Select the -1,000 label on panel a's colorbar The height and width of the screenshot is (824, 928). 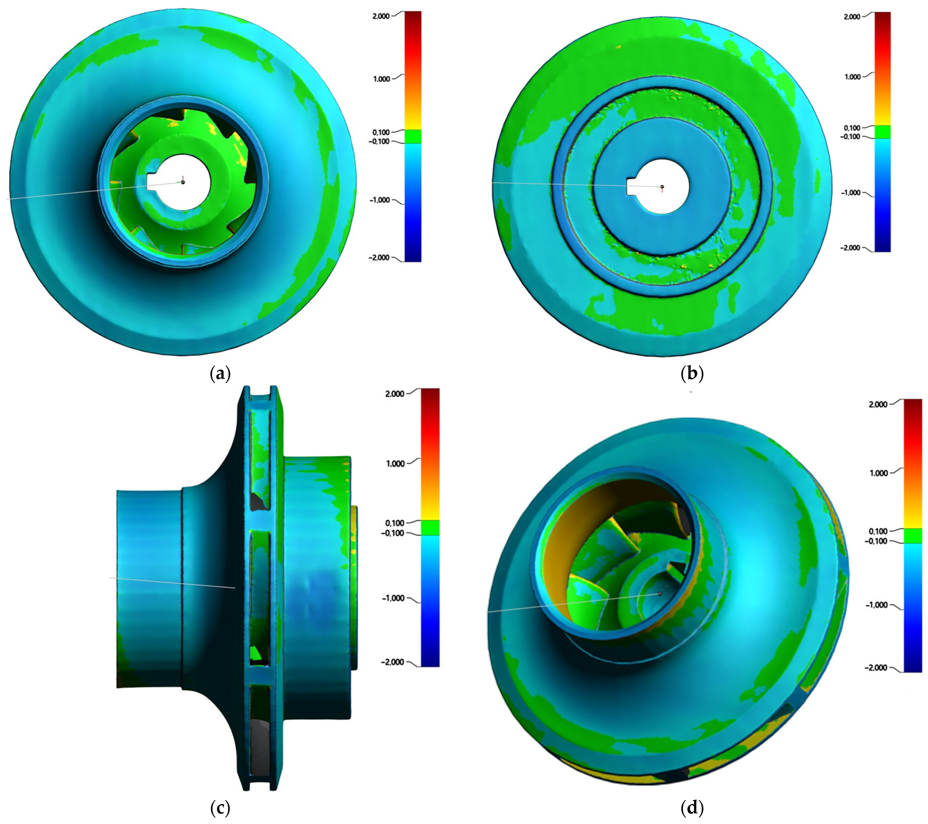[380, 200]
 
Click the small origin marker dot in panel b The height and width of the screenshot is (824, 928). [662, 187]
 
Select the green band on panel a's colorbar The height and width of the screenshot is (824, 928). [413, 136]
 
